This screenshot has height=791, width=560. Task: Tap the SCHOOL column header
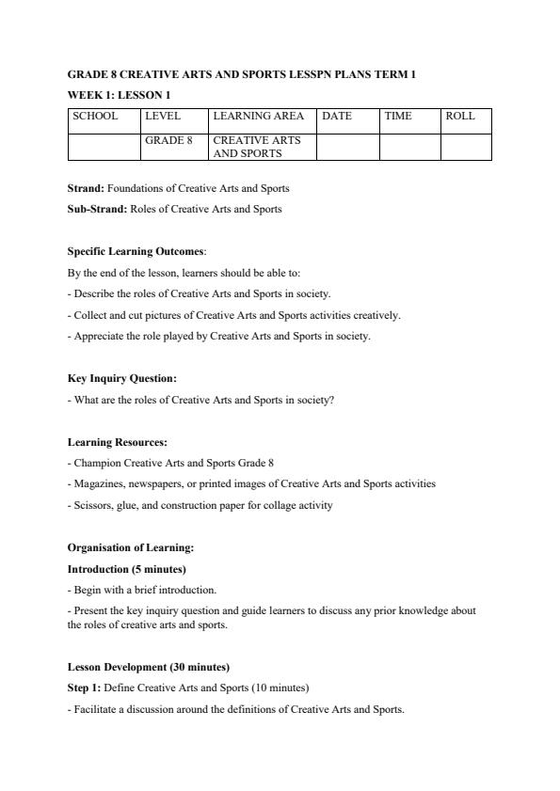(95, 117)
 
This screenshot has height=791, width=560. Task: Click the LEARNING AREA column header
(259, 117)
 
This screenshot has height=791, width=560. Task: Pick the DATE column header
(337, 117)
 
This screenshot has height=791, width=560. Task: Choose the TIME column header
(398, 117)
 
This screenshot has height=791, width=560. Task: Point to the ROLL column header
(460, 117)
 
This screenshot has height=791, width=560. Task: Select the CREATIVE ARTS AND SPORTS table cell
(257, 147)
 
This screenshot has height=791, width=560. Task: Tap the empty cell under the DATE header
(347, 147)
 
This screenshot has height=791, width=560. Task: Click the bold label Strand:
(86, 188)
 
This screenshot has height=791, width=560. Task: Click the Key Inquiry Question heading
(122, 378)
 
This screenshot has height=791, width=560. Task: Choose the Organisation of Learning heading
(130, 547)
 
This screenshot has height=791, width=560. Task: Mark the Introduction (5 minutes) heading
(126, 569)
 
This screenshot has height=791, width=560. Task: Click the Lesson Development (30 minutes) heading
(149, 667)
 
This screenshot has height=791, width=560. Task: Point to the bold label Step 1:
(83, 688)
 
